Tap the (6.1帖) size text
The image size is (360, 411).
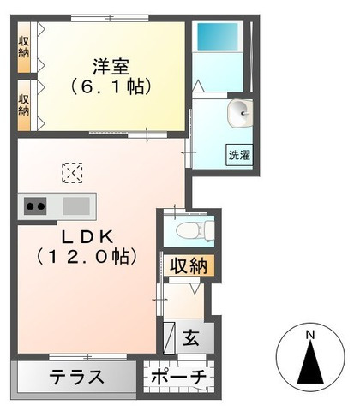[111, 86]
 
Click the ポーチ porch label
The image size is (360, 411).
[179, 378]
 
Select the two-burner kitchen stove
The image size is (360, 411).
[35, 205]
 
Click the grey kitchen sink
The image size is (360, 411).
[75, 205]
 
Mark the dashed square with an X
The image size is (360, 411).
[72, 174]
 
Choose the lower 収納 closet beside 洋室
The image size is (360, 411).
[23, 103]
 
